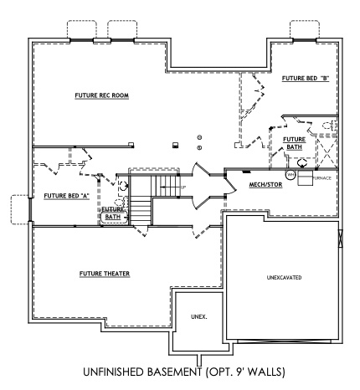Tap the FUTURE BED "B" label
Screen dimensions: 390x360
click(x=305, y=79)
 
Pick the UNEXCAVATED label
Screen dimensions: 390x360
click(x=284, y=276)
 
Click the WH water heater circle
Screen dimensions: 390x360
click(x=290, y=176)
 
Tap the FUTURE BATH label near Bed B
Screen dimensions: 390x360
click(x=294, y=143)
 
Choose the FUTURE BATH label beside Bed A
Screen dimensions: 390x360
click(x=112, y=213)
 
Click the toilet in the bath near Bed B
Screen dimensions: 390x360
click(x=329, y=127)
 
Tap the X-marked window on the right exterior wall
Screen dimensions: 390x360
click(x=341, y=238)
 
